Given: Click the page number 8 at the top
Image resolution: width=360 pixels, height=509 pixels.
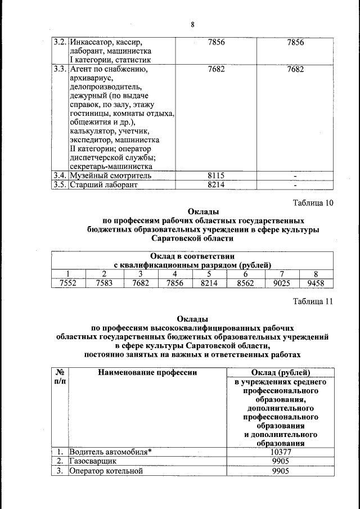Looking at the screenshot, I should (192, 25).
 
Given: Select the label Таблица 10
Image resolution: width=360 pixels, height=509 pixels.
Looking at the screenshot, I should (313, 203).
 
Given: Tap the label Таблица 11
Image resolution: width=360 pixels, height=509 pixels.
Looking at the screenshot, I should (313, 301).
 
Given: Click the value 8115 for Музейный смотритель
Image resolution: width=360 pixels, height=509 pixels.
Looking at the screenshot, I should (216, 175).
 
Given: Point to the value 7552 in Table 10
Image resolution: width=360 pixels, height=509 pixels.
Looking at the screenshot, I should (69, 283).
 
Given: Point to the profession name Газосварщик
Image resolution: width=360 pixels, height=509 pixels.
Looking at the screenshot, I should (92, 461).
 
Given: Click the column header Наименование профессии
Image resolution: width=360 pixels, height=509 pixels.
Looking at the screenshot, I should (147, 372).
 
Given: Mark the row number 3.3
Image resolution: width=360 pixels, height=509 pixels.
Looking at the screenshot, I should (60, 70).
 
